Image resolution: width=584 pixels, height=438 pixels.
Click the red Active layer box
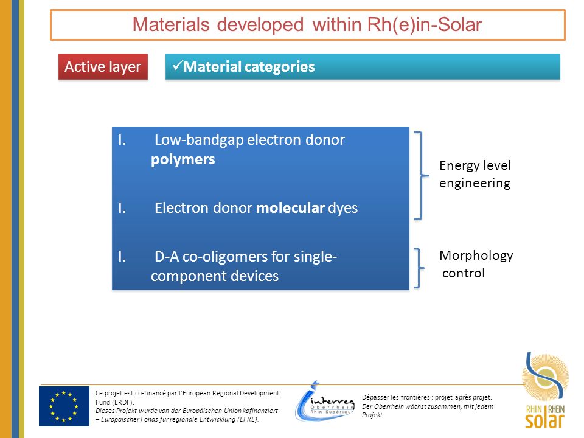103,67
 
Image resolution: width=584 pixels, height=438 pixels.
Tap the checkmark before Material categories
177,66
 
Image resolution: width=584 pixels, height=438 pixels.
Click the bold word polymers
183,159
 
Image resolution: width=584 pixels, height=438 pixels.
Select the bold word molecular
291,208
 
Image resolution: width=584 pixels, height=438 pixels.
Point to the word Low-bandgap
199,140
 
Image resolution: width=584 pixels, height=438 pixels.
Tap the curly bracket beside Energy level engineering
421,175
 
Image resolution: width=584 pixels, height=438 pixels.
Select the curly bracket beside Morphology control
419,268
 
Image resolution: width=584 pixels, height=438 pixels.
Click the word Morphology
476,256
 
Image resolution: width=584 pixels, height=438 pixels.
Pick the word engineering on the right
474,184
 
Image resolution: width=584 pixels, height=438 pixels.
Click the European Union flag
64,406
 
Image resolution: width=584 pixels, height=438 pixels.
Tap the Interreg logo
324,402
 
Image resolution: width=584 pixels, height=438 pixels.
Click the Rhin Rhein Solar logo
545,391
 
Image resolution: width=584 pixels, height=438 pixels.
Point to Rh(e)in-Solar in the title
424,25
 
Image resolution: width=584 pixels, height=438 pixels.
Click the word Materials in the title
171,25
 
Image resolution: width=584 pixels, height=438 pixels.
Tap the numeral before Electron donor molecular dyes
122,208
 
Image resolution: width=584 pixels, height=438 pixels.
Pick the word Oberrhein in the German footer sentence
388,406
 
